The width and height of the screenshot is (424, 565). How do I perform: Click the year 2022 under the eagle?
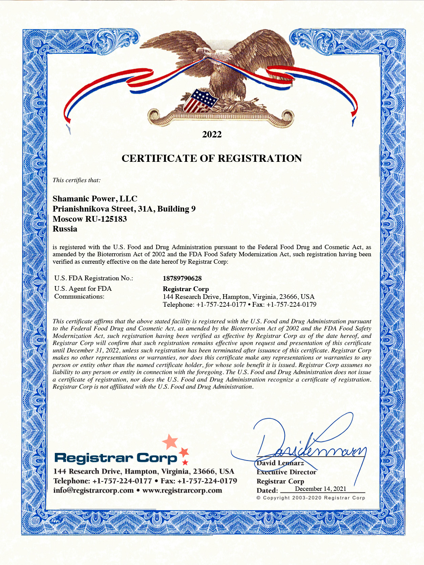click(212, 134)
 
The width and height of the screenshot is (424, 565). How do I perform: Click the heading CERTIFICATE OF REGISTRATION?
click(212, 158)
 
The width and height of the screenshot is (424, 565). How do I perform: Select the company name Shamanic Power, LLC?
click(95, 199)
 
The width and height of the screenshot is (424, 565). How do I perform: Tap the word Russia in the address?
click(65, 229)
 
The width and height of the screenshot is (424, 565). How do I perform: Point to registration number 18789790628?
click(182, 278)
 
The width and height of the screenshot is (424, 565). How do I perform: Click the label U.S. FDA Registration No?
click(93, 278)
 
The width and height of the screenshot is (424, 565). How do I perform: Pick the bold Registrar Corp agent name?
click(186, 289)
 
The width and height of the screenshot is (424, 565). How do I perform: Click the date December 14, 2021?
click(320, 488)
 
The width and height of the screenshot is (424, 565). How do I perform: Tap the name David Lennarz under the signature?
click(280, 463)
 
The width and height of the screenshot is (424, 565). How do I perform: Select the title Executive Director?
click(286, 472)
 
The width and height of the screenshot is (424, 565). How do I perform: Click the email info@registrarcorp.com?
click(93, 491)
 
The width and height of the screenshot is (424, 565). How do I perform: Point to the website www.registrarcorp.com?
click(182, 491)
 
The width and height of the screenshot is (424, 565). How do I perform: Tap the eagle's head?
click(215, 54)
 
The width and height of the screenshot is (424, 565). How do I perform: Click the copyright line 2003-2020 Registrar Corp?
click(311, 498)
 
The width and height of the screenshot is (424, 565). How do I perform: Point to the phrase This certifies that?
click(77, 180)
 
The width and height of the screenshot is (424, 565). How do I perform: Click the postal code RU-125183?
click(106, 219)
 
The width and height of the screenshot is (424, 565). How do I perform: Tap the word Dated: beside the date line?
click(267, 491)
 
